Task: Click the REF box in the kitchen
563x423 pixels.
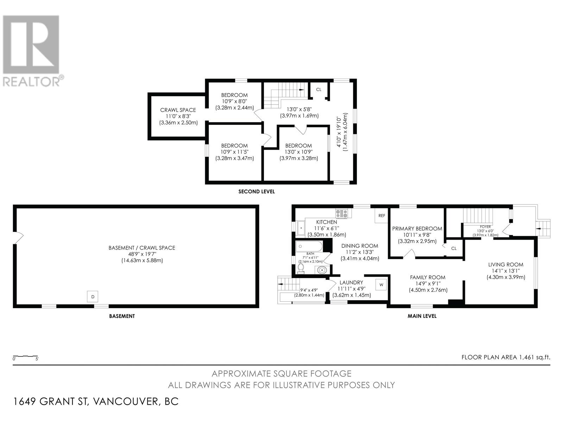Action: [x=382, y=216]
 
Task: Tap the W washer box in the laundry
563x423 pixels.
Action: [x=381, y=284]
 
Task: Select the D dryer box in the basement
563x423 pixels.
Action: [x=93, y=297]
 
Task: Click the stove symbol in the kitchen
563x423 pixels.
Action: [x=342, y=214]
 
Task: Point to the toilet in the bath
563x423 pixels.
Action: [x=301, y=268]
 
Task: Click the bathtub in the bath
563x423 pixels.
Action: [x=309, y=246]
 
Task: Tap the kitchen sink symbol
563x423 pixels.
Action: [x=301, y=228]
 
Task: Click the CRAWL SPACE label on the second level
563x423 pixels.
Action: [x=178, y=110]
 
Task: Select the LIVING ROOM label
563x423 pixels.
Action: [x=506, y=264]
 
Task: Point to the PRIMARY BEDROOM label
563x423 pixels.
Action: [x=417, y=228]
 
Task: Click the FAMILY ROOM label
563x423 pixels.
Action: [x=428, y=277]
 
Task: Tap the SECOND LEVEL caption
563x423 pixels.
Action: [x=257, y=192]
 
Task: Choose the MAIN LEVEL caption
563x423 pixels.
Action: [x=422, y=316]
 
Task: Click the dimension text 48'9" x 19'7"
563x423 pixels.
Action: [x=142, y=254]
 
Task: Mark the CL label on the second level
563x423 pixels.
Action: [x=318, y=90]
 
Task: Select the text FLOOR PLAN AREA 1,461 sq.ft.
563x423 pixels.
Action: [x=506, y=357]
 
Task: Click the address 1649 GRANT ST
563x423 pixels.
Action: [x=51, y=401]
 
